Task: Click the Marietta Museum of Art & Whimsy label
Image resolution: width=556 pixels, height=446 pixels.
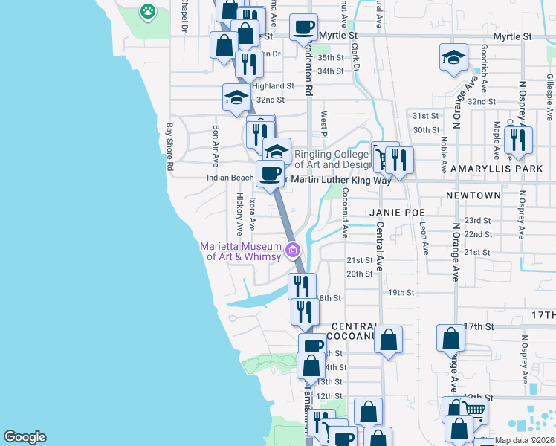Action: (240, 252)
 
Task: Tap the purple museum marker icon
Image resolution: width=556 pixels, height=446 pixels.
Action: (293, 249)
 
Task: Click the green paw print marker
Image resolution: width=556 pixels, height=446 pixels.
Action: (148, 11)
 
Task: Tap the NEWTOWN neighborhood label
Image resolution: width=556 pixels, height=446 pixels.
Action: (473, 195)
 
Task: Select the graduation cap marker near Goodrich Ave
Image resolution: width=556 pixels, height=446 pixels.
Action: (453, 58)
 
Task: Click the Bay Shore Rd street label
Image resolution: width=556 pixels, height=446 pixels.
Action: (169, 147)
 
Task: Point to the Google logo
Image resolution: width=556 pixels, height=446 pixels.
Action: (25, 437)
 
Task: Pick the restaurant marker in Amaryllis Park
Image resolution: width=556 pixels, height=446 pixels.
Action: (516, 140)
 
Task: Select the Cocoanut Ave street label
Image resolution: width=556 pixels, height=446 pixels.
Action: (346, 212)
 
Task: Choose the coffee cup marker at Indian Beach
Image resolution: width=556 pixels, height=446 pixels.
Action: (270, 173)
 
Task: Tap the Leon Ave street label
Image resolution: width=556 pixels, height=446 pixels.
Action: (424, 238)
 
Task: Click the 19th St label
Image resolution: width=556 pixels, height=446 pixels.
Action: (401, 292)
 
